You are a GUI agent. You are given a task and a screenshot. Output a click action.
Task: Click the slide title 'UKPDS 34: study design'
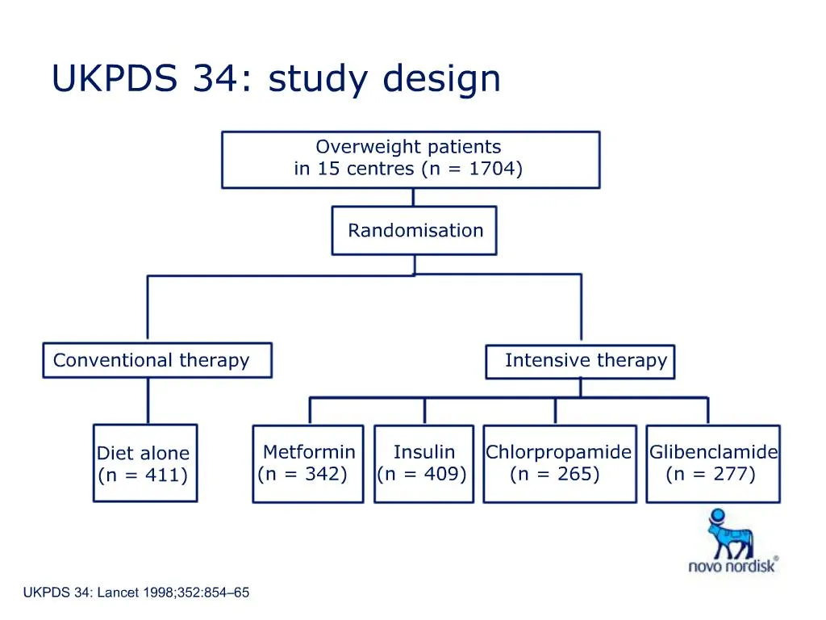[x=276, y=79]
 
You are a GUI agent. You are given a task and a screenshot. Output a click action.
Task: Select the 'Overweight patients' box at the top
[x=410, y=159]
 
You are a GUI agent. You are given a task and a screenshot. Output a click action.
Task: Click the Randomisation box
[x=415, y=230]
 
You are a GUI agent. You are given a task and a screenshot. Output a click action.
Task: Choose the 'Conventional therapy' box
[x=156, y=360]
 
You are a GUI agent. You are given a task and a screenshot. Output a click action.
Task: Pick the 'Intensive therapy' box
[x=580, y=361]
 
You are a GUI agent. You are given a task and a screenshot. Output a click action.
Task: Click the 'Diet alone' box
[x=144, y=463]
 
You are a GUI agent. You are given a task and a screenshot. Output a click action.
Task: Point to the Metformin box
[x=308, y=463]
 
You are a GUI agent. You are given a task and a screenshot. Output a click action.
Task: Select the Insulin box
[x=423, y=463]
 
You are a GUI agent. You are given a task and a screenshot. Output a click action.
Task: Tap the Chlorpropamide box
[x=557, y=463]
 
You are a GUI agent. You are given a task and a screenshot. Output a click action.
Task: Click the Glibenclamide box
[x=713, y=463]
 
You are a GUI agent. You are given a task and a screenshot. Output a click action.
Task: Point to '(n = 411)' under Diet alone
[x=143, y=475]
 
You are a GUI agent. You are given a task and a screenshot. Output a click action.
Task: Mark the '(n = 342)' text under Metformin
[x=302, y=474]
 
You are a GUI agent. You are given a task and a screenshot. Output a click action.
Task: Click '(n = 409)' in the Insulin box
[x=422, y=474]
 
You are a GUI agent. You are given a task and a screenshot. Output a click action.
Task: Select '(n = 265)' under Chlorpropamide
[x=555, y=474]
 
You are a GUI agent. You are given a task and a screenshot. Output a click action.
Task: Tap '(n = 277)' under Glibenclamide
[x=711, y=474]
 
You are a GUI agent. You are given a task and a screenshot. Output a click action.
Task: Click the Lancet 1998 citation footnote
[x=136, y=593]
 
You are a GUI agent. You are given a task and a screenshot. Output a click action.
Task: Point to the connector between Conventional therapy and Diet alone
[x=148, y=401]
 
